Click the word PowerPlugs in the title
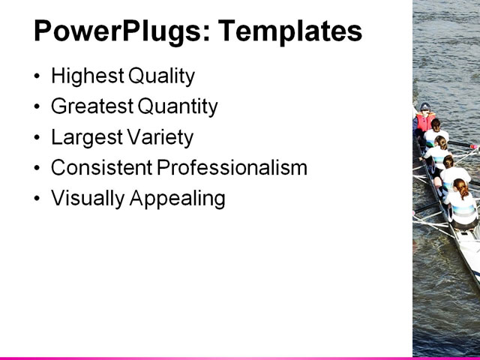[x=116, y=31]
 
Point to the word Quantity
[x=177, y=106]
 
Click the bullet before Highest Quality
[x=38, y=76]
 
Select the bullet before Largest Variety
[x=38, y=138]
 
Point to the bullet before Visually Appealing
[x=38, y=199]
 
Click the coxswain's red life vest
[x=424, y=122]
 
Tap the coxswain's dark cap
[x=425, y=107]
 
